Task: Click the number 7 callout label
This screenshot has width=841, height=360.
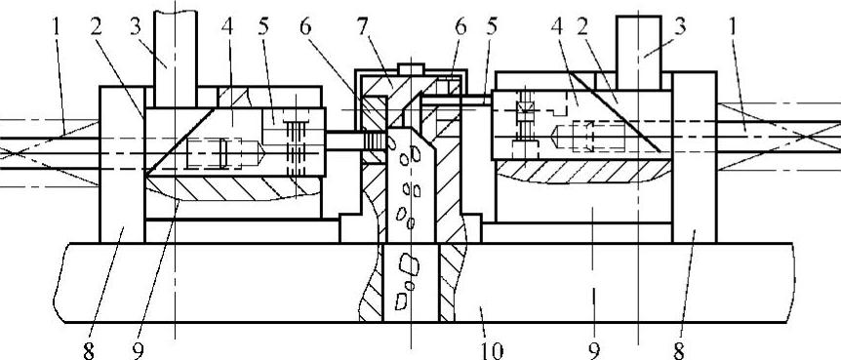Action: coord(363,26)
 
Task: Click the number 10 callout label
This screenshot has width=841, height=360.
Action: coord(492,350)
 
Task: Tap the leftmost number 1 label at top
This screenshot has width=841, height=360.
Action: coord(58,26)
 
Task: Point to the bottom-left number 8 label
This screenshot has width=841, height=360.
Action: coord(89,351)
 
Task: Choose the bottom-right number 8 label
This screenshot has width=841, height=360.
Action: coord(678,351)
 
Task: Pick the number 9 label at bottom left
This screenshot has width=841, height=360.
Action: coord(138,351)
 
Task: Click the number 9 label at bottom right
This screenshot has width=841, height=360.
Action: coord(594,351)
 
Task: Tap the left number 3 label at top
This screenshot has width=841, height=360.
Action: coord(136,26)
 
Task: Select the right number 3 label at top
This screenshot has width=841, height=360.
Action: coord(680,26)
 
